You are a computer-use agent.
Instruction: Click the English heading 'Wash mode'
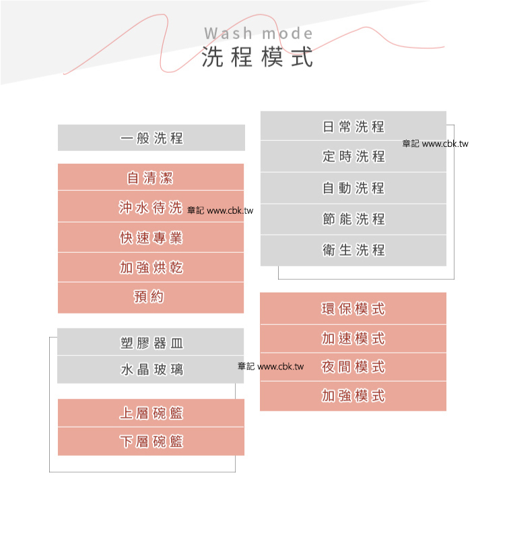pyautogui.click(x=258, y=34)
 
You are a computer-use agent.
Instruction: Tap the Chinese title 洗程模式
pyautogui.click(x=258, y=57)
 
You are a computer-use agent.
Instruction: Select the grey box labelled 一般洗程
pyautogui.click(x=151, y=138)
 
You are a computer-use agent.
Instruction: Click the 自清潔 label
pyautogui.click(x=150, y=178)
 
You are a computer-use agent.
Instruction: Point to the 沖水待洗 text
pyautogui.click(x=151, y=208)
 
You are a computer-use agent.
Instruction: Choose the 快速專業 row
pyautogui.click(x=151, y=238)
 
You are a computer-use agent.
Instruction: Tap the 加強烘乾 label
pyautogui.click(x=151, y=268)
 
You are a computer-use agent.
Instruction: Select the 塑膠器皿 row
pyautogui.click(x=151, y=343)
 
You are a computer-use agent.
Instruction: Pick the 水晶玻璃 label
pyautogui.click(x=151, y=369)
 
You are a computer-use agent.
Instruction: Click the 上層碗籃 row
pyautogui.click(x=151, y=413)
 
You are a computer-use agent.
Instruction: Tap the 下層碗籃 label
pyautogui.click(x=151, y=442)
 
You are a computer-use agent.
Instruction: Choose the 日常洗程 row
pyautogui.click(x=353, y=126)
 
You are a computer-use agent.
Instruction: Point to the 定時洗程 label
pyautogui.click(x=353, y=156)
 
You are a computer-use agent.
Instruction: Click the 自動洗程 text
pyautogui.click(x=353, y=188)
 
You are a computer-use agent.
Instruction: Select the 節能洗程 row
pyautogui.click(x=353, y=219)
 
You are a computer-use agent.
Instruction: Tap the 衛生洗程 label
pyautogui.click(x=353, y=250)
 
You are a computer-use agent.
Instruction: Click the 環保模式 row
pyautogui.click(x=353, y=309)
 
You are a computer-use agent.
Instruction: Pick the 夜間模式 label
pyautogui.click(x=353, y=367)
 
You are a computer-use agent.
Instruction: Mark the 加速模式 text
pyautogui.click(x=353, y=338)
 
